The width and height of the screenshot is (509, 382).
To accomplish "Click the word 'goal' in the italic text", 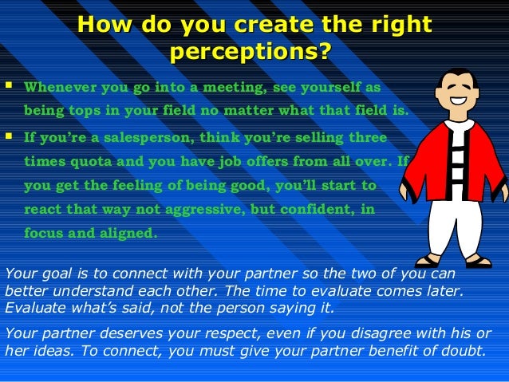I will (x=57, y=273).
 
